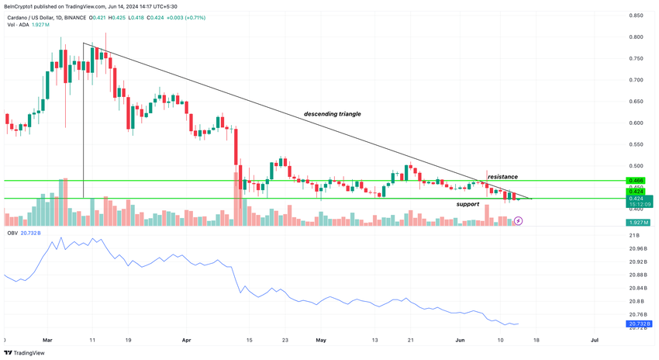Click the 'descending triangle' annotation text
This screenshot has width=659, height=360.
332,114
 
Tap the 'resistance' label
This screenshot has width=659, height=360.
502,177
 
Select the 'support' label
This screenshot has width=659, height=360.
468,204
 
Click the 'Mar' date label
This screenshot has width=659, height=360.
48,340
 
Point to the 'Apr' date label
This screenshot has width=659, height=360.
187,340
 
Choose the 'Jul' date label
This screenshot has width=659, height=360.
595,340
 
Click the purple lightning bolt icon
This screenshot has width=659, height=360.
519,221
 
